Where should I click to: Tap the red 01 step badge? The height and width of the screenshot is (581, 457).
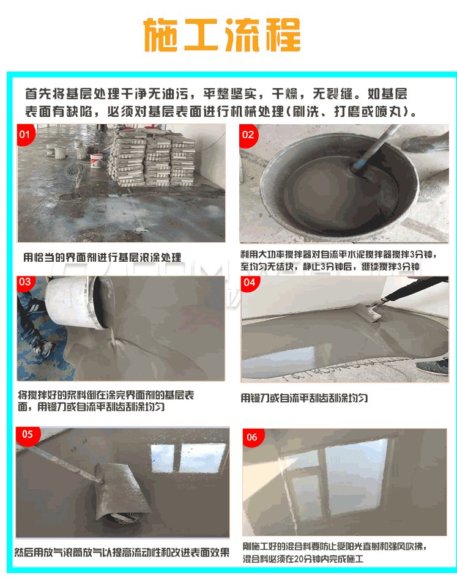pos(26,134)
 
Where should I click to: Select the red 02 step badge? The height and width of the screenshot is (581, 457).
pos(248,135)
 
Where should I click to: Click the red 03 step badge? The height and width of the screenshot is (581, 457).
pos(25,283)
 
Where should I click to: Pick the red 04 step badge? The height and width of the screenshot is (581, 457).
pos(250,283)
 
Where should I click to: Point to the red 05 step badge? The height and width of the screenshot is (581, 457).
pos(28,434)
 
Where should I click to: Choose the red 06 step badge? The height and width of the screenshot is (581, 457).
pos(253,437)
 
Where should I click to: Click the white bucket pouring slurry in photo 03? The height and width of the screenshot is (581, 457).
pos(79,302)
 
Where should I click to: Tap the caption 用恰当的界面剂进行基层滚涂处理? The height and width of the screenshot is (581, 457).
pos(102,257)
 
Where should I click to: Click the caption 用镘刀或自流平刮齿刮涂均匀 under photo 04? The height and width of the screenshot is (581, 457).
pos(304,398)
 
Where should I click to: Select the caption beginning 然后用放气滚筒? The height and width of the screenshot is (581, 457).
pos(122,552)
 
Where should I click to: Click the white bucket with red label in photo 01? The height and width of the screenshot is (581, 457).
pos(97,160)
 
